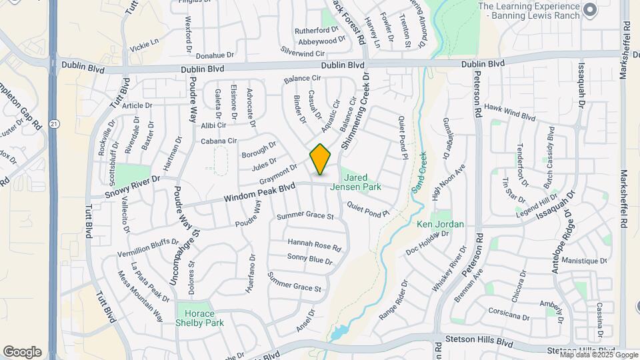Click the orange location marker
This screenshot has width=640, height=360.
pyautogui.click(x=321, y=159)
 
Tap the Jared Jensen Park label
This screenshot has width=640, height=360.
pyautogui.click(x=363, y=183)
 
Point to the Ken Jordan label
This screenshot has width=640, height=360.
pyautogui.click(x=440, y=224)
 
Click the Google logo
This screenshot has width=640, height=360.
pyautogui.click(x=22, y=351)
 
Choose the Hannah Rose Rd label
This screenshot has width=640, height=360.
pyautogui.click(x=314, y=244)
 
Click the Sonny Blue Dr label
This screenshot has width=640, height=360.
pyautogui.click(x=309, y=259)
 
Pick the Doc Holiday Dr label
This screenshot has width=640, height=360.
pyautogui.click(x=427, y=243)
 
